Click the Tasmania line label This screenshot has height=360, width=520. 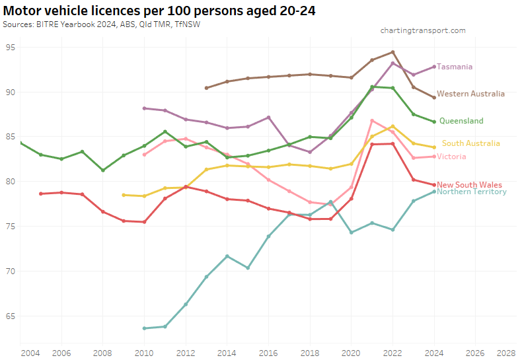tap(455, 67)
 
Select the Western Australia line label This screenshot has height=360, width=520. tap(470, 94)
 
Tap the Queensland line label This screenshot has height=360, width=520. tap(461, 121)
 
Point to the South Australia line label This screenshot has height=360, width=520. tap(470, 143)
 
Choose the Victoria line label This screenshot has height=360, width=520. tap(451, 157)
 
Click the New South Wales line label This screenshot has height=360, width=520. tap(469, 185)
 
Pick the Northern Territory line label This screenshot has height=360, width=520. tap(471, 192)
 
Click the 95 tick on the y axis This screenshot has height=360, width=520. tap(11, 47)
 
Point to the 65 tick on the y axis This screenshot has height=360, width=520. tap(11, 316)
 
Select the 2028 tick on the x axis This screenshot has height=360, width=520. tap(506, 353)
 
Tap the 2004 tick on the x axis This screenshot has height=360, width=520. tap(30, 353)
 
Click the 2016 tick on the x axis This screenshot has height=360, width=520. tap(268, 353)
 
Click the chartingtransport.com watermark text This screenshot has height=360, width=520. tap(423, 30)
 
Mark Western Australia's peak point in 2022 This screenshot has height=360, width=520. tap(393, 52)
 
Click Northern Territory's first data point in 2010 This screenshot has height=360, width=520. tap(144, 328)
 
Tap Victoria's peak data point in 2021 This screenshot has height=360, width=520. tap(373, 120)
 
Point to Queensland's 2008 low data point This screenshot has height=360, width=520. tap(103, 170)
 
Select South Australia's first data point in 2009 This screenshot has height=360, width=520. tap(124, 195)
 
